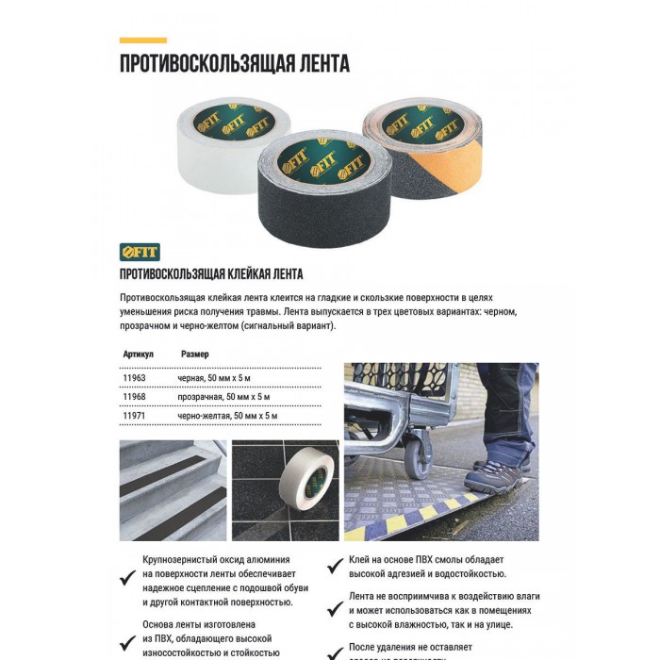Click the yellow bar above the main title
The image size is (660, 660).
(142, 41)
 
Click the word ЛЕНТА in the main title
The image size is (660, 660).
(315, 64)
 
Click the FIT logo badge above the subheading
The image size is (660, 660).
(140, 252)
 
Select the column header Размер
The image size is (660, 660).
(195, 354)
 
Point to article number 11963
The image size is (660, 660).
(135, 377)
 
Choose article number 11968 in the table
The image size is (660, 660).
(135, 396)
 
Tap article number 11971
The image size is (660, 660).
(135, 415)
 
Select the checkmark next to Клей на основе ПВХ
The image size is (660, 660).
(334, 566)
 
